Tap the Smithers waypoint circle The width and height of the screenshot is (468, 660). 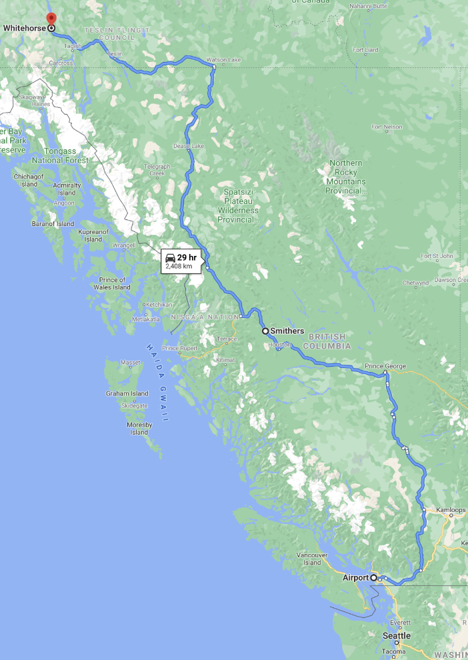pyautogui.click(x=265, y=331)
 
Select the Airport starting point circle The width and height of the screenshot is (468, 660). pyautogui.click(x=374, y=577)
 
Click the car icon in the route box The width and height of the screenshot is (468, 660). pyautogui.click(x=171, y=258)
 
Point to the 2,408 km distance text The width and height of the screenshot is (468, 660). pyautogui.click(x=179, y=266)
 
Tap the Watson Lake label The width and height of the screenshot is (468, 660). pyautogui.click(x=224, y=60)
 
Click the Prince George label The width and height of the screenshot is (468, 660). pyautogui.click(x=385, y=366)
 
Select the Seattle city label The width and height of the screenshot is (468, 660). pyautogui.click(x=397, y=635)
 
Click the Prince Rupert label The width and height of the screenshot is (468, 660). pyautogui.click(x=181, y=348)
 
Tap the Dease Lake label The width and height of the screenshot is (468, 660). pyautogui.click(x=189, y=145)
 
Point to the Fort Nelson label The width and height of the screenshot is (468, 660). pyautogui.click(x=387, y=127)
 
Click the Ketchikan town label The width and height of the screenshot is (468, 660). pyautogui.click(x=159, y=304)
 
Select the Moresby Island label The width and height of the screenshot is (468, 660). pyautogui.click(x=139, y=428)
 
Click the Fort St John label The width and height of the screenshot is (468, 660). pyautogui.click(x=437, y=256)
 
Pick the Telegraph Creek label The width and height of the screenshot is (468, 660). pyautogui.click(x=157, y=170)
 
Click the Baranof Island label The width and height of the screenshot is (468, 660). pyautogui.click(x=53, y=224)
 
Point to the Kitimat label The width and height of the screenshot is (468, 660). pyautogui.click(x=225, y=360)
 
